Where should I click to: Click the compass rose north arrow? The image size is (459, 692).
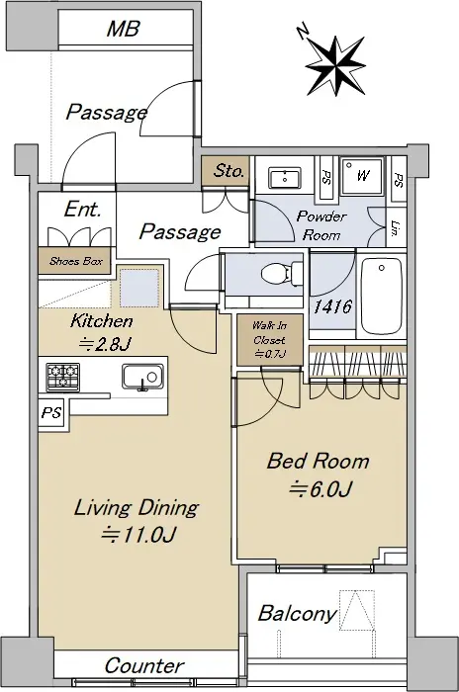(335, 64)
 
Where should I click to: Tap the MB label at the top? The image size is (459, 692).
(124, 29)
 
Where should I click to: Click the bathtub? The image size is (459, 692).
(381, 298)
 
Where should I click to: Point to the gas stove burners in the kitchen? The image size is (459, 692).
(63, 377)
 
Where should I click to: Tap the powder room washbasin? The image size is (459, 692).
(285, 178)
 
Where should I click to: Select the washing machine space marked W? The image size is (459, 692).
(362, 176)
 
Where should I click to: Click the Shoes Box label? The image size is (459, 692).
(76, 261)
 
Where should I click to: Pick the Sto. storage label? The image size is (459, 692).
(228, 171)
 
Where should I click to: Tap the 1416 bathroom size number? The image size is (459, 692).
(332, 306)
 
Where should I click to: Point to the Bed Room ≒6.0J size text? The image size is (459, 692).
(319, 475)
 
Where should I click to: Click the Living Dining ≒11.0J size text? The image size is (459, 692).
(137, 521)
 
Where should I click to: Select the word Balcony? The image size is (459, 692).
(297, 614)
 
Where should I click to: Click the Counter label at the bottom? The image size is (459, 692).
(144, 665)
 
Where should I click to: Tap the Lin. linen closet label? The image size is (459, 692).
(397, 227)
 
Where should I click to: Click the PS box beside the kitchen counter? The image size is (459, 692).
(51, 412)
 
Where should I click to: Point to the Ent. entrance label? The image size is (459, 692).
(83, 210)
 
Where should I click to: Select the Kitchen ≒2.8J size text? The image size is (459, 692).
(102, 332)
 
